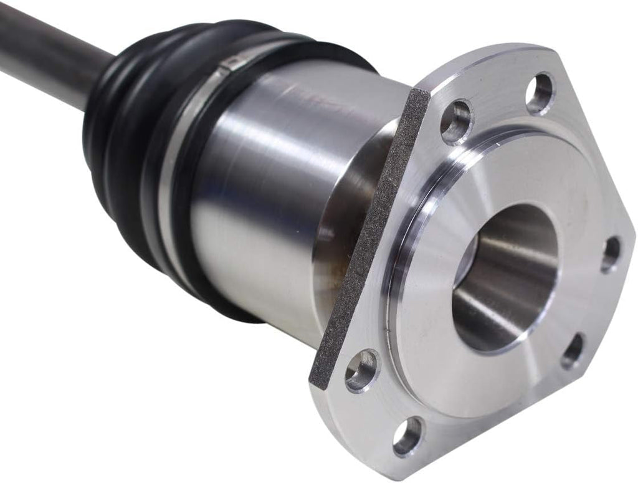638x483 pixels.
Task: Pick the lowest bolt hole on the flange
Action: [x=408, y=436]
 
